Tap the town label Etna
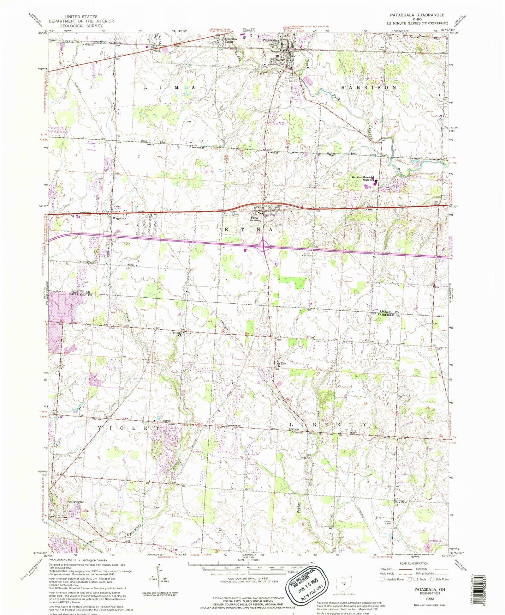[x=254, y=218]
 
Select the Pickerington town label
[x=75, y=502]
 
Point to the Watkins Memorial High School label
[x=363, y=179]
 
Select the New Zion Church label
[x=401, y=503]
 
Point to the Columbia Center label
[x=229, y=40]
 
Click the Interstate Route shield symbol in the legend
[x=382, y=579]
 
